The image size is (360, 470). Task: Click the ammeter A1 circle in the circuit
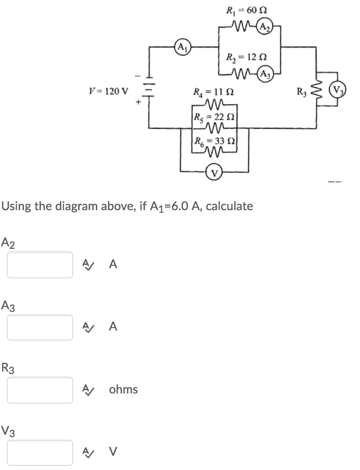[182, 47]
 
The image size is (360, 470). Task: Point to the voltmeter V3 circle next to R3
[338, 90]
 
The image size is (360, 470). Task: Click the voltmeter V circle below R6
[214, 173]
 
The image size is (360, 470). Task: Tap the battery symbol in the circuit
[150, 87]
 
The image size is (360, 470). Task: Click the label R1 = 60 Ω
[247, 9]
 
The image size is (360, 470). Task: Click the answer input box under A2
[40, 265]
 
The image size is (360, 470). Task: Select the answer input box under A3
[40, 327]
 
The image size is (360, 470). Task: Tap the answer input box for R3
[40, 390]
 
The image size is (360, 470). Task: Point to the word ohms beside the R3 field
[123, 390]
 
